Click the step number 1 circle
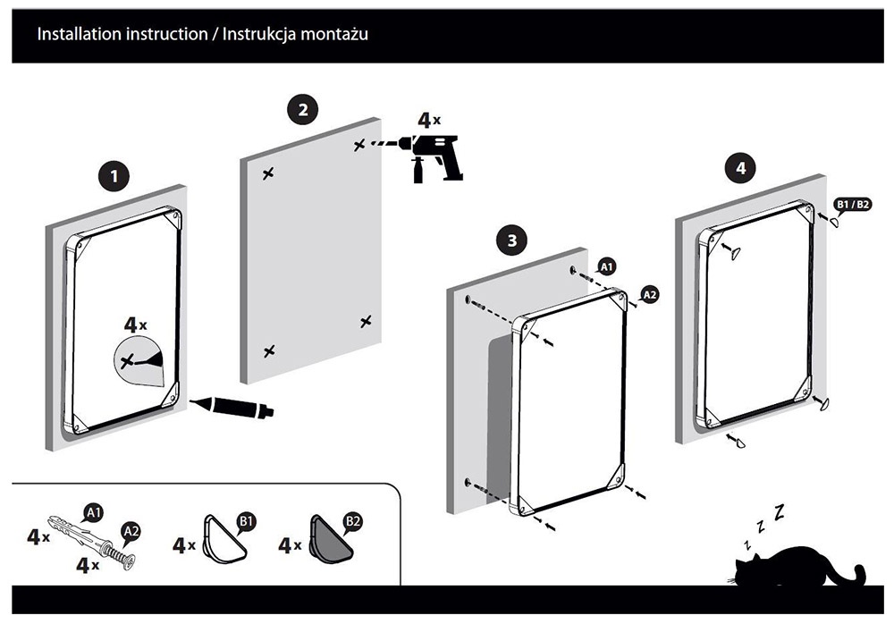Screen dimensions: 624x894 tap(113, 175)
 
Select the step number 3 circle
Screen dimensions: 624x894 tap(510, 240)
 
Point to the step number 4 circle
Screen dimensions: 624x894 tap(739, 166)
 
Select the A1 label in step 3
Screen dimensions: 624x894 tap(606, 266)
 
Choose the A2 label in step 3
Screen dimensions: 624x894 tap(650, 295)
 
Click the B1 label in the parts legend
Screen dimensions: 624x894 tap(245, 519)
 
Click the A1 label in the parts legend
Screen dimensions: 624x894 tap(91, 511)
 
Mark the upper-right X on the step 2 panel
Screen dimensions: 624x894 tap(359, 144)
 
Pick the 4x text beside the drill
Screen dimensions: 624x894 tap(429, 119)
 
